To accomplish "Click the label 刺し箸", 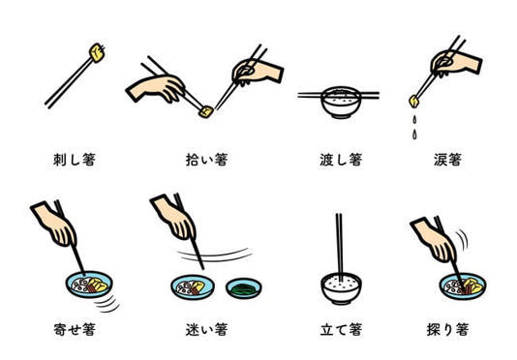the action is pos(75,160).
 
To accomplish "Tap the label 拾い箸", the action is pos(207,160).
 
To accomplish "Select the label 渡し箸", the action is pos(341,160).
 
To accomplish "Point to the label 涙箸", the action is pos(447,160).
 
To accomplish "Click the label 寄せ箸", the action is pos(75,329).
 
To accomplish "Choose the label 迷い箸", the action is pos(207,329).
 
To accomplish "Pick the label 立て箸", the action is pos(341,329).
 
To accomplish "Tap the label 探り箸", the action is pos(447,329).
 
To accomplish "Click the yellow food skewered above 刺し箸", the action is pos(98,52).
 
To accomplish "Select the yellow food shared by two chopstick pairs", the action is pos(206,112).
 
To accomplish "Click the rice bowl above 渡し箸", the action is pos(341,103).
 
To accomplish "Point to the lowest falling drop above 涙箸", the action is pos(414,135).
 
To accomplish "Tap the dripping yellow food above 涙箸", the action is pos(414,102).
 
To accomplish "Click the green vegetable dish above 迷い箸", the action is pos(244,288).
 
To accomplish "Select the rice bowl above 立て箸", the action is pos(341,288).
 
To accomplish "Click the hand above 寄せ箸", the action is pos(55,225).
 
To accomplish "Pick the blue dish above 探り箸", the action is pos(463,286).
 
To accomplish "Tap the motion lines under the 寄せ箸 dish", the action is pos(107,304).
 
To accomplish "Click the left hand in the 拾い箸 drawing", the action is pos(155,88).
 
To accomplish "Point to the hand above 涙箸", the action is pos(456,63).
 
